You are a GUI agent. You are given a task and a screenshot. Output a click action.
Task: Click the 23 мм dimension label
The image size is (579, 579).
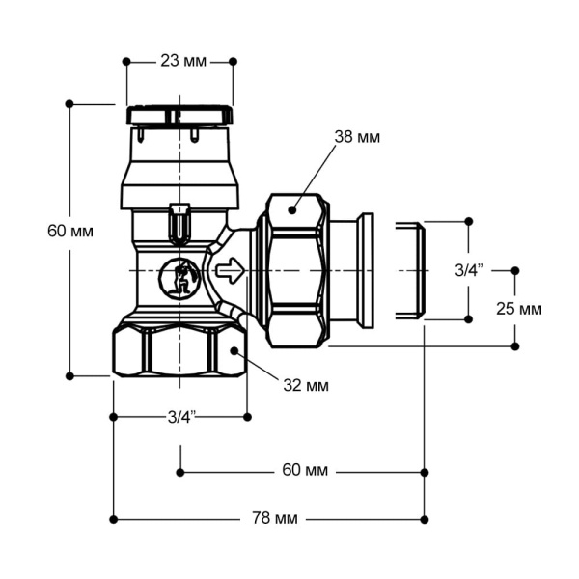[181, 61]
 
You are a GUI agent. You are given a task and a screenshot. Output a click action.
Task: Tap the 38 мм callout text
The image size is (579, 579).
[357, 137]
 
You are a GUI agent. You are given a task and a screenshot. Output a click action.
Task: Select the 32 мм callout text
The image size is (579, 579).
[306, 386]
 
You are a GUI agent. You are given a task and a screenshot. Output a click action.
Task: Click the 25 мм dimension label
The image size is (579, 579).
[517, 309]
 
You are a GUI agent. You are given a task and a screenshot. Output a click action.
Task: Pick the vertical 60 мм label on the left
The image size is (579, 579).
[69, 232]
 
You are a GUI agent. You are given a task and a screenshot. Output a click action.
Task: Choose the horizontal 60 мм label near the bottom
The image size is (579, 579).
[305, 471]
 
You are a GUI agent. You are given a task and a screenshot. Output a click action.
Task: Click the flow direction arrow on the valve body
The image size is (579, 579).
[230, 271]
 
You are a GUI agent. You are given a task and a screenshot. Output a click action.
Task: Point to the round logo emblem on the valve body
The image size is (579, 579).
[178, 279]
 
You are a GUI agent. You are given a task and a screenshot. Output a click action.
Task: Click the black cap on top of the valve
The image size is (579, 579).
[179, 115]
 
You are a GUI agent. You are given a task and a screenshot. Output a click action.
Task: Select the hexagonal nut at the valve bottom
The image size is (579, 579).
[179, 351]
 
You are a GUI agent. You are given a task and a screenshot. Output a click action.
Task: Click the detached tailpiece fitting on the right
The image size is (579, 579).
[409, 270]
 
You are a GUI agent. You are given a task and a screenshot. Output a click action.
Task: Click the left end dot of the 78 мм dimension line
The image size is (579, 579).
[114, 519]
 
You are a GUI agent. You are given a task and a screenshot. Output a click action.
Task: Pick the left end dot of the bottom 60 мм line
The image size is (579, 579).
[180, 472]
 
